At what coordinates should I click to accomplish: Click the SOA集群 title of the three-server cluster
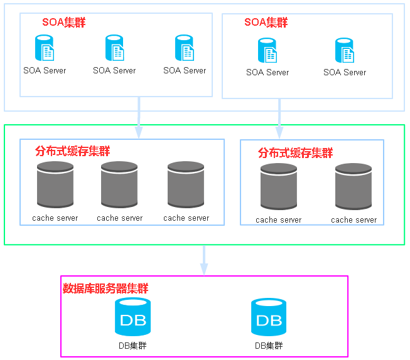tap(64, 23)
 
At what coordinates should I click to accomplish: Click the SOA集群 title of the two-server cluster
tap(266, 23)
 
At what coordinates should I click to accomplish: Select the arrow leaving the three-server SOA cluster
tap(139, 117)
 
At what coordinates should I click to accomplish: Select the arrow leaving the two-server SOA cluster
tap(279, 119)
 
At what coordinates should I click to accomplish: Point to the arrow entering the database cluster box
tap(204, 260)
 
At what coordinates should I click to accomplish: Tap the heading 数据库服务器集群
tap(105, 289)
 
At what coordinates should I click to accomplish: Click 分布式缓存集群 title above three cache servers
tap(72, 151)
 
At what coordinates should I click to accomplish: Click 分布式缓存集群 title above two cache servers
tap(295, 153)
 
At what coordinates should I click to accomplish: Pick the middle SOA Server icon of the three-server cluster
tap(114, 48)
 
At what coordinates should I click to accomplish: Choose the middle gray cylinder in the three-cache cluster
tap(119, 184)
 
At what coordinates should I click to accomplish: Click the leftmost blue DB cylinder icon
tap(133, 317)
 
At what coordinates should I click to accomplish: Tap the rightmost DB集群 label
tap(269, 346)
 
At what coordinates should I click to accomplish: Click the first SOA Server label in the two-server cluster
tap(267, 72)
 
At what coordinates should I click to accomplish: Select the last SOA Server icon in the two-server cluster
tap(345, 50)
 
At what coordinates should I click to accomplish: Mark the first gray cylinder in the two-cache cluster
tap(279, 186)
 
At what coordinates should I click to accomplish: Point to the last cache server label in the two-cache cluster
tap(353, 220)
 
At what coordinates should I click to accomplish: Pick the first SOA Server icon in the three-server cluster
tap(45, 48)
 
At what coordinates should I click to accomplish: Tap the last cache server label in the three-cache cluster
tap(186, 218)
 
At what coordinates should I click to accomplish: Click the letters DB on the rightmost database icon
tap(269, 320)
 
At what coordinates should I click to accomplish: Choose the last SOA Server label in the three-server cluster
tap(185, 70)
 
